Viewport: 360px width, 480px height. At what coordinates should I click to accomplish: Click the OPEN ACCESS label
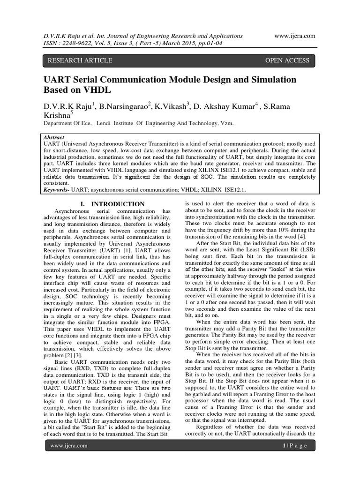pyautogui.click(x=287, y=60)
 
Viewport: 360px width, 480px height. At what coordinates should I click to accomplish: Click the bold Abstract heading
pyautogui.click(x=56, y=133)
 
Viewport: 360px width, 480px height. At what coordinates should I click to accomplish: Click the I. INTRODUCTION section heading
pyautogui.click(x=112, y=204)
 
